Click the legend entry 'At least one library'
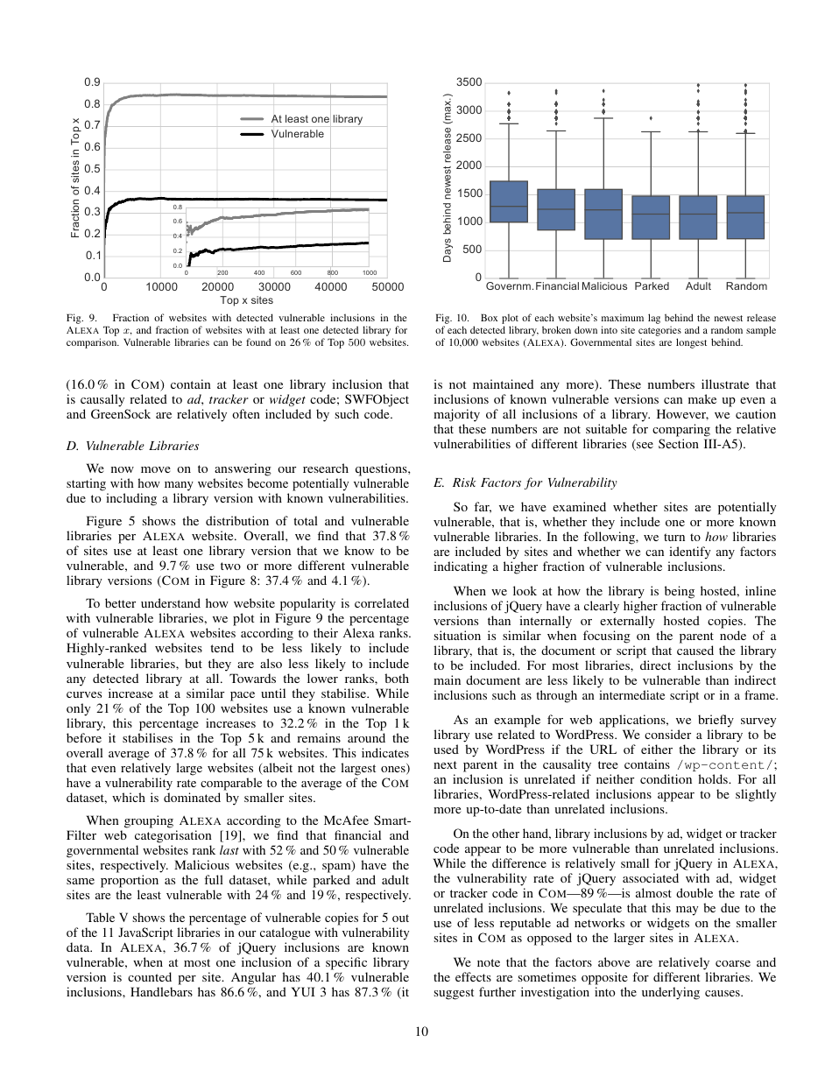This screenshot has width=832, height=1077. [316, 119]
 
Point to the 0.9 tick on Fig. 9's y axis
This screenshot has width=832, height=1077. [92, 82]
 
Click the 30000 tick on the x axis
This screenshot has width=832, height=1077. [275, 286]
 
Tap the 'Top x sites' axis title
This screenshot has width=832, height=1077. [246, 300]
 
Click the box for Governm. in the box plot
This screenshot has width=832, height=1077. [509, 201]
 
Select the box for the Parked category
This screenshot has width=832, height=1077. [651, 217]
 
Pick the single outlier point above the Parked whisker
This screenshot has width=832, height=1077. [651, 117]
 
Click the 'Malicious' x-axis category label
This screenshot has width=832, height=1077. [604, 286]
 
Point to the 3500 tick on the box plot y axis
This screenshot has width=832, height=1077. [469, 82]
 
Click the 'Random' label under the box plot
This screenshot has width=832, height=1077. [746, 286]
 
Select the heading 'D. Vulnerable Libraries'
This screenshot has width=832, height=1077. [132, 446]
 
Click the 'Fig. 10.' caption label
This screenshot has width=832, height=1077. [451, 319]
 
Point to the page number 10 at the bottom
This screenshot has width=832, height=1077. [421, 1031]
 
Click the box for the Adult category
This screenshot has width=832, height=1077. [698, 217]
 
